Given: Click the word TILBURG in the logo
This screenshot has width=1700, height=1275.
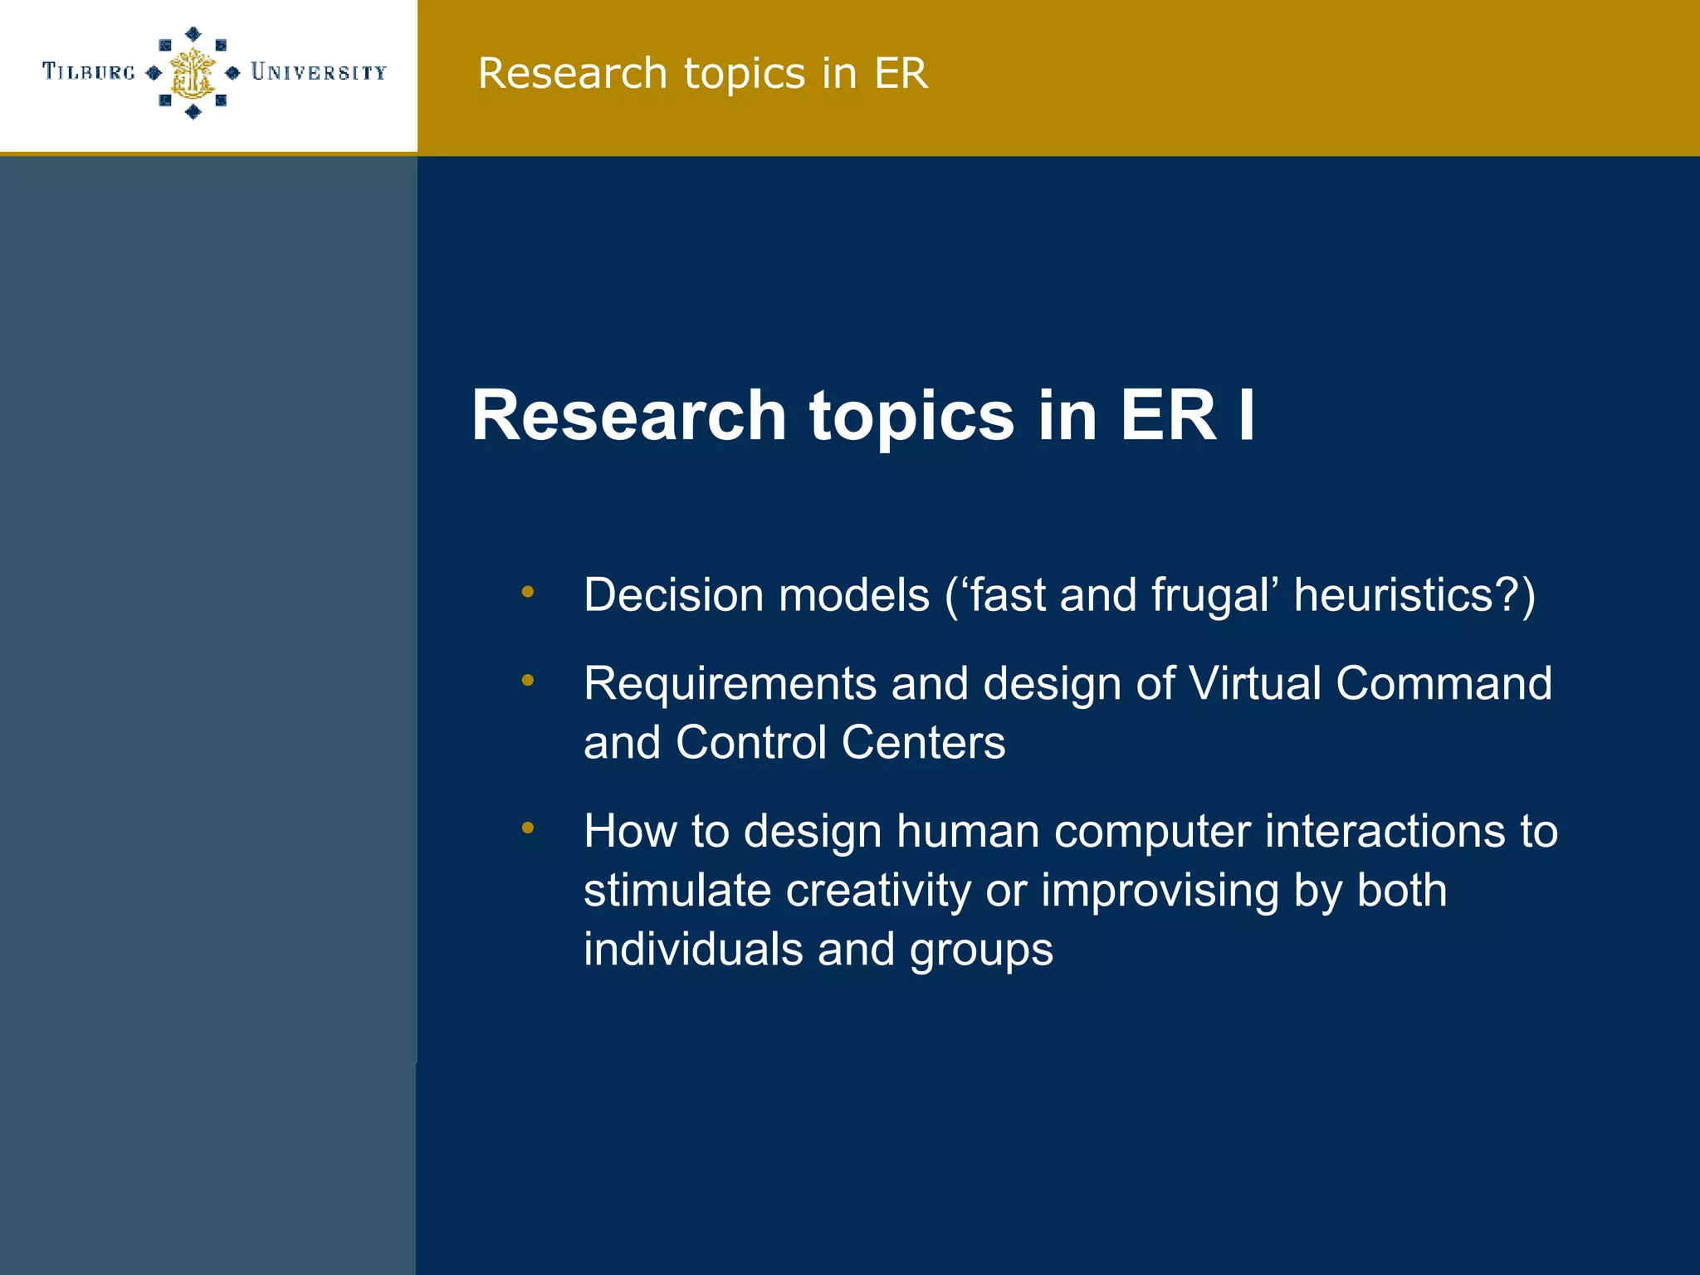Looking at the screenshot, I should (89, 72).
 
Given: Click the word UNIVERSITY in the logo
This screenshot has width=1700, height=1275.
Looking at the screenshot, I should (319, 72).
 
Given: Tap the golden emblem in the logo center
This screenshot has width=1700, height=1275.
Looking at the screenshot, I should (193, 73).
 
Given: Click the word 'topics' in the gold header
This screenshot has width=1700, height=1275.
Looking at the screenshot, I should (745, 73).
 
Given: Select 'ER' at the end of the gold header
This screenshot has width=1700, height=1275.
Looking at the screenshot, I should (901, 73).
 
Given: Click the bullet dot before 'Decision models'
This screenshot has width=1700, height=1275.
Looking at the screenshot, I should (527, 592).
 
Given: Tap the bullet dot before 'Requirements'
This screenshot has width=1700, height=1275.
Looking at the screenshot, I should (527, 681).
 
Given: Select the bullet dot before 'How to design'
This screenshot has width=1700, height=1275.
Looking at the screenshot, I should (527, 828).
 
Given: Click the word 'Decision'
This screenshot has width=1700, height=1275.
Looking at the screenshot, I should (673, 595).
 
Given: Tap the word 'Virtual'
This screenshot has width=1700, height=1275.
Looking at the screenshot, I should (1254, 684).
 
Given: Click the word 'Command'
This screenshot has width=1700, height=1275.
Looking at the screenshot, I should (1444, 684).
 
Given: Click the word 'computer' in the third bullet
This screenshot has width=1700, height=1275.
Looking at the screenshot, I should (1151, 831).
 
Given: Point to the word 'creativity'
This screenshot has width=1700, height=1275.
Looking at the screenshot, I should (877, 890).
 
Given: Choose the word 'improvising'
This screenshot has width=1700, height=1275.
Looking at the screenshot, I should (1160, 890).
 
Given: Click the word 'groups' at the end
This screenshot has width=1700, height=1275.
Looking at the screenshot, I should (981, 949).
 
